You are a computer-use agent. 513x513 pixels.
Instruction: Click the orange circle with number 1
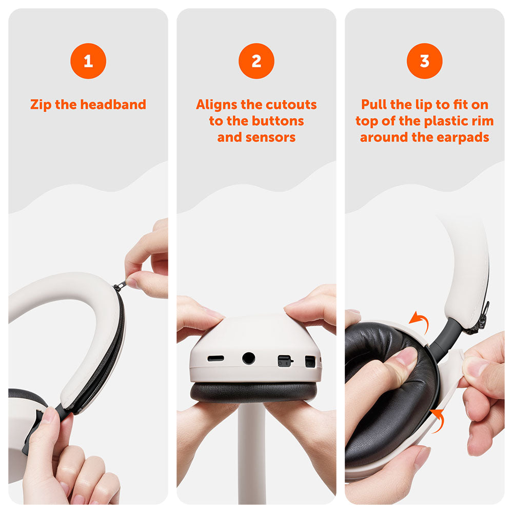88,61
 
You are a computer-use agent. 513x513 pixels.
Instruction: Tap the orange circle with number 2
256,61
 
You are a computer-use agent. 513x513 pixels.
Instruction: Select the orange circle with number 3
424,61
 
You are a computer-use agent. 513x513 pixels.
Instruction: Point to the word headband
113,105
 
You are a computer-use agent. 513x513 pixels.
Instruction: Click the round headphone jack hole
248,358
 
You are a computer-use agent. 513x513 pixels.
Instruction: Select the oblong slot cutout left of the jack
215,359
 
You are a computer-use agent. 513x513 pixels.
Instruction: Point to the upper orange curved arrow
421,321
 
